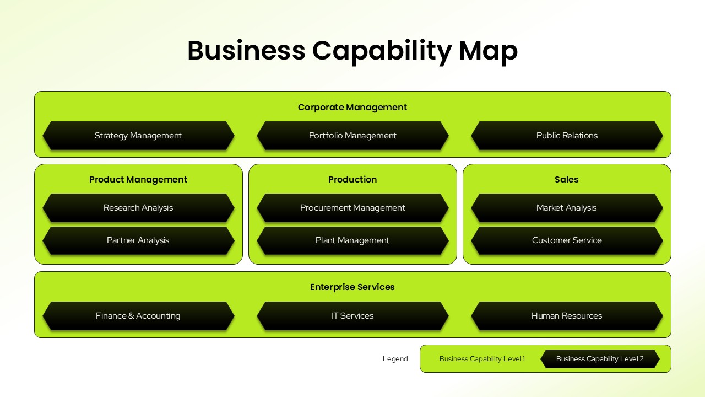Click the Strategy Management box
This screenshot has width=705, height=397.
(x=138, y=136)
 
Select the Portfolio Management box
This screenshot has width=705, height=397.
(x=352, y=136)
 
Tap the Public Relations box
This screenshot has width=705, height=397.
(x=567, y=136)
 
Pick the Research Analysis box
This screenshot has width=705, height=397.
(x=138, y=208)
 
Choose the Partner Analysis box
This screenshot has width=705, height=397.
(x=138, y=240)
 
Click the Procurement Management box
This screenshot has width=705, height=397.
(x=352, y=208)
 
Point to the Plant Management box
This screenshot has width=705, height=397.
(x=352, y=240)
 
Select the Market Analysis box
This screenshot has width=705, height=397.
(x=567, y=208)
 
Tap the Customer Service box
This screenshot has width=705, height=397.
(x=567, y=240)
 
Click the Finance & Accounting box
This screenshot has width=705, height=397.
(x=138, y=316)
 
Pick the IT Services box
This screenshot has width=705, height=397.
(x=352, y=316)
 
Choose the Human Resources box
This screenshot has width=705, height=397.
(x=567, y=316)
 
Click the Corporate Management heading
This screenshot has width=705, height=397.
(x=352, y=108)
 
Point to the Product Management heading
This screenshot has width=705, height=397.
(x=138, y=180)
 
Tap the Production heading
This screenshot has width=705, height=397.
(x=352, y=180)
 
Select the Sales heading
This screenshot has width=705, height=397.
(x=567, y=180)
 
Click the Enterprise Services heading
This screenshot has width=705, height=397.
(x=352, y=287)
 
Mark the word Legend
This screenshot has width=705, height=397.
(x=395, y=359)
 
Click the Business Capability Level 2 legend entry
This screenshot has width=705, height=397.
(x=600, y=359)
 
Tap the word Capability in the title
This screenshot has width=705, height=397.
(x=382, y=51)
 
